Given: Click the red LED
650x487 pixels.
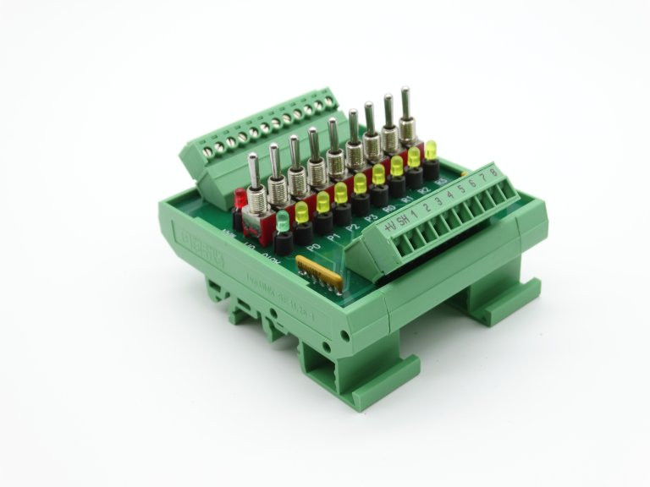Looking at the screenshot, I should pos(240,199).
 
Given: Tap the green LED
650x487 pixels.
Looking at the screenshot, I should pos(283,218).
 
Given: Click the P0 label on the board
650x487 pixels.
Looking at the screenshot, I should pos(315,245).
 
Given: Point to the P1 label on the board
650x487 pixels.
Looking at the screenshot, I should pos(334,238).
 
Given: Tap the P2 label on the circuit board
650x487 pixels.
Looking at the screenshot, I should pos(353,229).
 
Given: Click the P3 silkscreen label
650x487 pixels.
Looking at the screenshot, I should pos(372,220).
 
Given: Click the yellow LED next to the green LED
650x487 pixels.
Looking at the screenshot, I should pos(302,210).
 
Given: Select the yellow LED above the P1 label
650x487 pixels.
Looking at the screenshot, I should pos(322,201).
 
